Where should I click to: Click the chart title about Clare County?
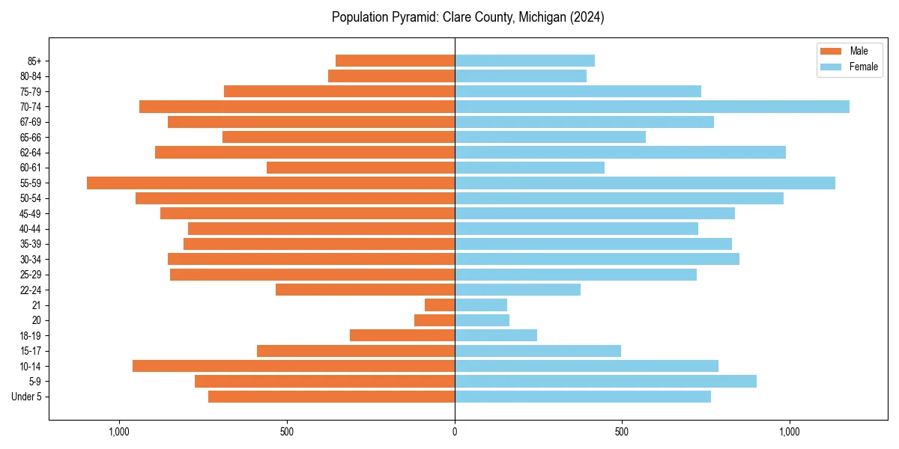tap(467, 17)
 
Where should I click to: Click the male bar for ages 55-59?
tap(270, 183)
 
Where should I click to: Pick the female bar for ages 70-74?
tap(652, 107)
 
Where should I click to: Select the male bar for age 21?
tap(440, 305)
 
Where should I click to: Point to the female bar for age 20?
tap(482, 320)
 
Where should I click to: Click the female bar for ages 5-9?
tap(605, 382)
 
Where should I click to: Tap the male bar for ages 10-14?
tap(294, 366)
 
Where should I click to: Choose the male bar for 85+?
tap(395, 61)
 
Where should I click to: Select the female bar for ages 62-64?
tap(620, 153)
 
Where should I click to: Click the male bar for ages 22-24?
tap(365, 290)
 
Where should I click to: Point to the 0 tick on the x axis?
tap(455, 432)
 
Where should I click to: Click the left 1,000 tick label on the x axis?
tap(119, 432)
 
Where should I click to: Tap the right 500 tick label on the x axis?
tap(621, 432)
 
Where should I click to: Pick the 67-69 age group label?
tap(30, 122)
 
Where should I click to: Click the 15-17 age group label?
tap(30, 351)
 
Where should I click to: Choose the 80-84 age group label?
tap(30, 76)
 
